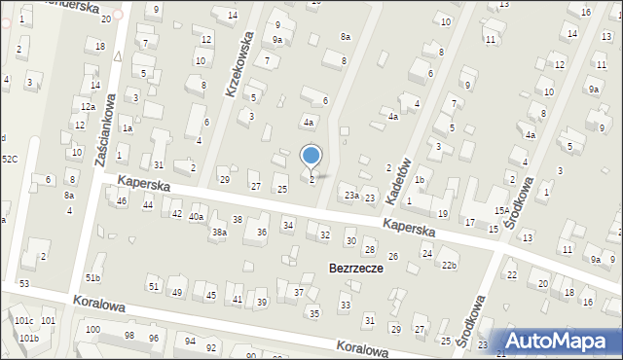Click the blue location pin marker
click(x=311, y=156)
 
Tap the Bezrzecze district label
click(x=356, y=268)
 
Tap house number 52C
click(x=9, y=159)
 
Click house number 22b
click(x=449, y=266)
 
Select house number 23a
click(x=350, y=196)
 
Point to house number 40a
click(x=197, y=217)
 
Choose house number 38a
click(x=220, y=233)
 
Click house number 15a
click(x=501, y=210)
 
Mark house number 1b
click(x=420, y=180)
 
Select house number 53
click(x=24, y=283)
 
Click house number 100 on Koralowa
click(x=92, y=330)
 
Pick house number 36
click(x=262, y=233)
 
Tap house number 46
click(x=122, y=201)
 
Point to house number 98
click(x=129, y=336)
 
